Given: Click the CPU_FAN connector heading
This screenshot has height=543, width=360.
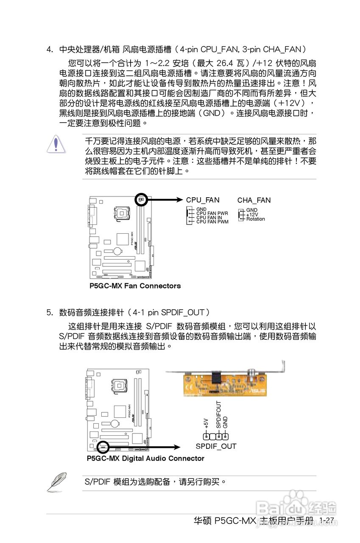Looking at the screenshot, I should (x=203, y=200).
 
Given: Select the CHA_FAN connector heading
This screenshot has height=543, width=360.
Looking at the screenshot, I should (x=254, y=200).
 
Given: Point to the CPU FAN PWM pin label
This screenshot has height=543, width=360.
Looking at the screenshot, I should (x=212, y=222).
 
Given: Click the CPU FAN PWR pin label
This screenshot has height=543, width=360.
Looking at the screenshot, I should (x=212, y=213).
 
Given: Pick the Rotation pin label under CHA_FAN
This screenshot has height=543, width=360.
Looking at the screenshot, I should (x=255, y=219).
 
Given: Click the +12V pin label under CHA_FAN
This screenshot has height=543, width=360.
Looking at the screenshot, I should (x=252, y=215).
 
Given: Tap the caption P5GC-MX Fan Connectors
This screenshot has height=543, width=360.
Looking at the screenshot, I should (x=135, y=286).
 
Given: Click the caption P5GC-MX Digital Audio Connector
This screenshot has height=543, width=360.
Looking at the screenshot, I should (x=145, y=459).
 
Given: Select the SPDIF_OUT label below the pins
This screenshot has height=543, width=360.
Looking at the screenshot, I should (x=216, y=446).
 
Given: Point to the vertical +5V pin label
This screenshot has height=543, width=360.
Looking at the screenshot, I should (x=206, y=423).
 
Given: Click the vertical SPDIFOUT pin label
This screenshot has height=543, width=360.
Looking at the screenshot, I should (x=218, y=414).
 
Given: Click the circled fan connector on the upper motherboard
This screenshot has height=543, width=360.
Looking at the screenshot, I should (x=140, y=199).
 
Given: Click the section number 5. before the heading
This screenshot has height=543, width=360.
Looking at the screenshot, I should (x=50, y=313).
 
